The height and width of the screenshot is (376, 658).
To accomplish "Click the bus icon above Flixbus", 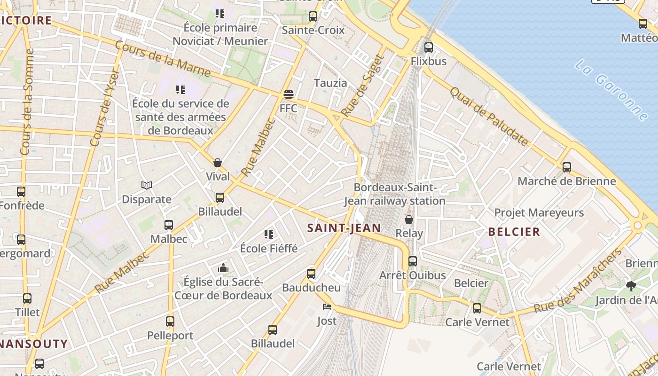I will [428, 47].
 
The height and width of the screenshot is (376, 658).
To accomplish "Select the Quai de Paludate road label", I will [489, 117].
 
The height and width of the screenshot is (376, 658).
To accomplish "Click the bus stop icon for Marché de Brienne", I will [567, 167].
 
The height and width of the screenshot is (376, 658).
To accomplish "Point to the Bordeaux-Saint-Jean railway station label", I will [395, 194].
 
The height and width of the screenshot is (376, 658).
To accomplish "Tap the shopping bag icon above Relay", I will [409, 219].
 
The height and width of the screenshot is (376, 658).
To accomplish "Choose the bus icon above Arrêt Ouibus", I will [412, 261].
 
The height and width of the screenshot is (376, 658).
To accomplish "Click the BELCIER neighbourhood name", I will [514, 232].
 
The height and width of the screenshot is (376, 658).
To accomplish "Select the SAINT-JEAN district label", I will [344, 228].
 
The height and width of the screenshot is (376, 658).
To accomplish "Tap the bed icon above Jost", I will [327, 307].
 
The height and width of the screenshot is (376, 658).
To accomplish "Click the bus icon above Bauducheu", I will [311, 274].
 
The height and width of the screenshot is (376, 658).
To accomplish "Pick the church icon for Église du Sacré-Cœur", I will [223, 268].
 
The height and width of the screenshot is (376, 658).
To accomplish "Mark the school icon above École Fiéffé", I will [269, 234].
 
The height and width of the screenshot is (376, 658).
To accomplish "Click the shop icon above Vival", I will [218, 163].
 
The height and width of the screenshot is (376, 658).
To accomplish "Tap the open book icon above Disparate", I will [147, 186].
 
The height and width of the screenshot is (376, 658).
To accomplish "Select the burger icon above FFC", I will [288, 94].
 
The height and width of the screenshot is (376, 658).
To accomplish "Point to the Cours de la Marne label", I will [163, 59].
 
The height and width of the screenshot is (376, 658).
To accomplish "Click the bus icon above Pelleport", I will [170, 321].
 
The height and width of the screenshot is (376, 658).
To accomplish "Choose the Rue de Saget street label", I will [363, 86].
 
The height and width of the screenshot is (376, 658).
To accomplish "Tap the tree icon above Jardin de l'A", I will [631, 286].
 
